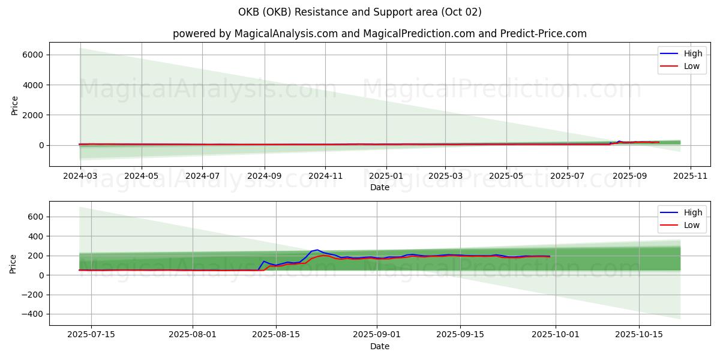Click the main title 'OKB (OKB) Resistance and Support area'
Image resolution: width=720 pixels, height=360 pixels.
(359, 12)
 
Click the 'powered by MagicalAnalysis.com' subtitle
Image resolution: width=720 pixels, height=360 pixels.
(379, 34)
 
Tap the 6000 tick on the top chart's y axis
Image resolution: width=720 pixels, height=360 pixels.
(33, 55)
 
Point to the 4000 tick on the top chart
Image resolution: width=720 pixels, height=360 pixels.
(33, 85)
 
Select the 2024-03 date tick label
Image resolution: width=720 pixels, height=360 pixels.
(80, 177)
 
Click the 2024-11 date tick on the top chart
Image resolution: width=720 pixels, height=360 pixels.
(325, 177)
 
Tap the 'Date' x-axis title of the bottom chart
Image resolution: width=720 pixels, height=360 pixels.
(379, 346)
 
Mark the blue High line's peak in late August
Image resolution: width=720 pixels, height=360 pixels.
(317, 250)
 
